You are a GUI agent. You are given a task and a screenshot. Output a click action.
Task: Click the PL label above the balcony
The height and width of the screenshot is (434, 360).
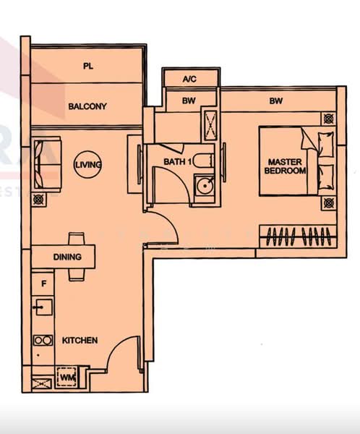click(x=88, y=67)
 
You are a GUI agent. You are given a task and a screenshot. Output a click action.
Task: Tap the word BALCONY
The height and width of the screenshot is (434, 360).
click(x=87, y=106)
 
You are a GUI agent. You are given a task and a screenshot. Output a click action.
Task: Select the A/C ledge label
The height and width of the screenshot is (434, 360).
click(x=190, y=78)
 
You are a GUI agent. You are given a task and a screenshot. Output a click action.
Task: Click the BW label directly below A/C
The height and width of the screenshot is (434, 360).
click(x=190, y=101)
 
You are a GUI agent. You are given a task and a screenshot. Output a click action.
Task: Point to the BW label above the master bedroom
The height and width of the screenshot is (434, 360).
click(x=275, y=101)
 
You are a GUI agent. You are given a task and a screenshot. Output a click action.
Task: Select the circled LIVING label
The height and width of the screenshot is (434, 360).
click(x=88, y=165)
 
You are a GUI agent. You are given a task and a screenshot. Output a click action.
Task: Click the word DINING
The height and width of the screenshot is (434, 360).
click(x=67, y=257)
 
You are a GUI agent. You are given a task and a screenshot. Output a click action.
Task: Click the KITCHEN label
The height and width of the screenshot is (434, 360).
click(x=80, y=340)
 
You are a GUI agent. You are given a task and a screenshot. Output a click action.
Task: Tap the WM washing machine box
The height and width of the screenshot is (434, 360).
click(x=68, y=377)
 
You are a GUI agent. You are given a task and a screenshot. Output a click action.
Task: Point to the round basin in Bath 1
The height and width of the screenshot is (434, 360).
click(x=205, y=187)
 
